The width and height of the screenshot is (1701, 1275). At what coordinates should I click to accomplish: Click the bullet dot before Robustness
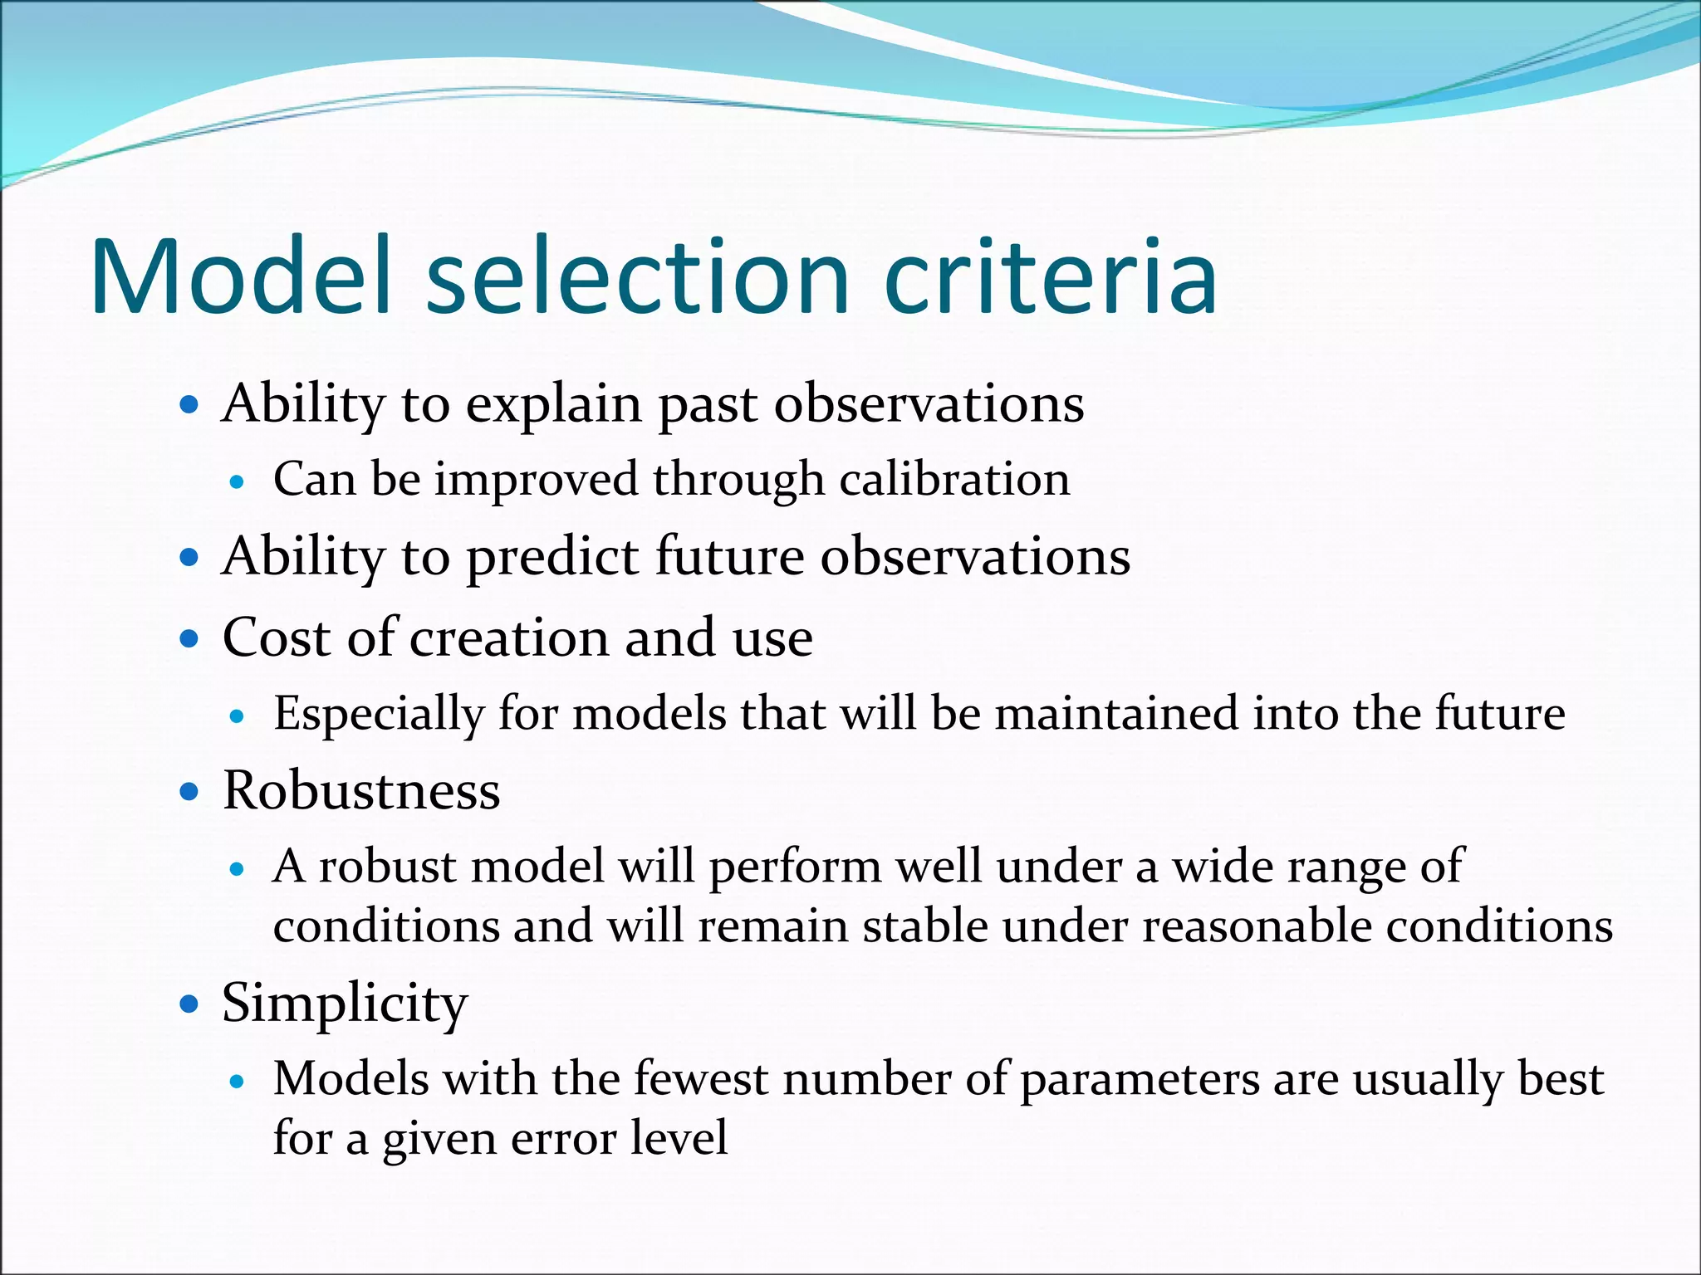click(190, 792)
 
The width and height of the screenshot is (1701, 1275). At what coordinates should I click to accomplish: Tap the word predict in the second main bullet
click(552, 558)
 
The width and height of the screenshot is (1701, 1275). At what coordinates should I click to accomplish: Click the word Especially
click(379, 715)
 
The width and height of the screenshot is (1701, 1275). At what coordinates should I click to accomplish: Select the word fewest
click(701, 1079)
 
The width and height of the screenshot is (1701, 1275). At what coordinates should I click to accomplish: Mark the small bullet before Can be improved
click(238, 481)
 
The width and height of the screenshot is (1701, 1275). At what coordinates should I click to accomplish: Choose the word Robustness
click(361, 790)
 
